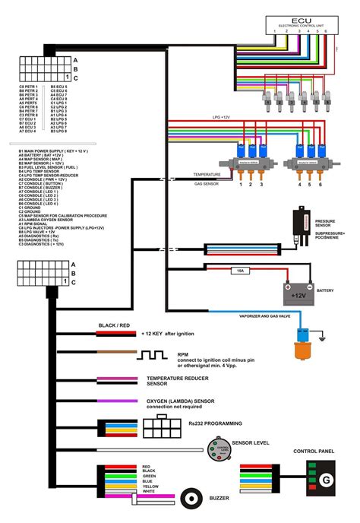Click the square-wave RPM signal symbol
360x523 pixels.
150,355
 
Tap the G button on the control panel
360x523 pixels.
326,479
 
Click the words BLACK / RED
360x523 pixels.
113,325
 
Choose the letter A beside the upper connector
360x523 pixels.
74,59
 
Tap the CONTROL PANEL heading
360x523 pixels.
314,451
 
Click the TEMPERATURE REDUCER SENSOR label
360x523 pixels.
178,380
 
